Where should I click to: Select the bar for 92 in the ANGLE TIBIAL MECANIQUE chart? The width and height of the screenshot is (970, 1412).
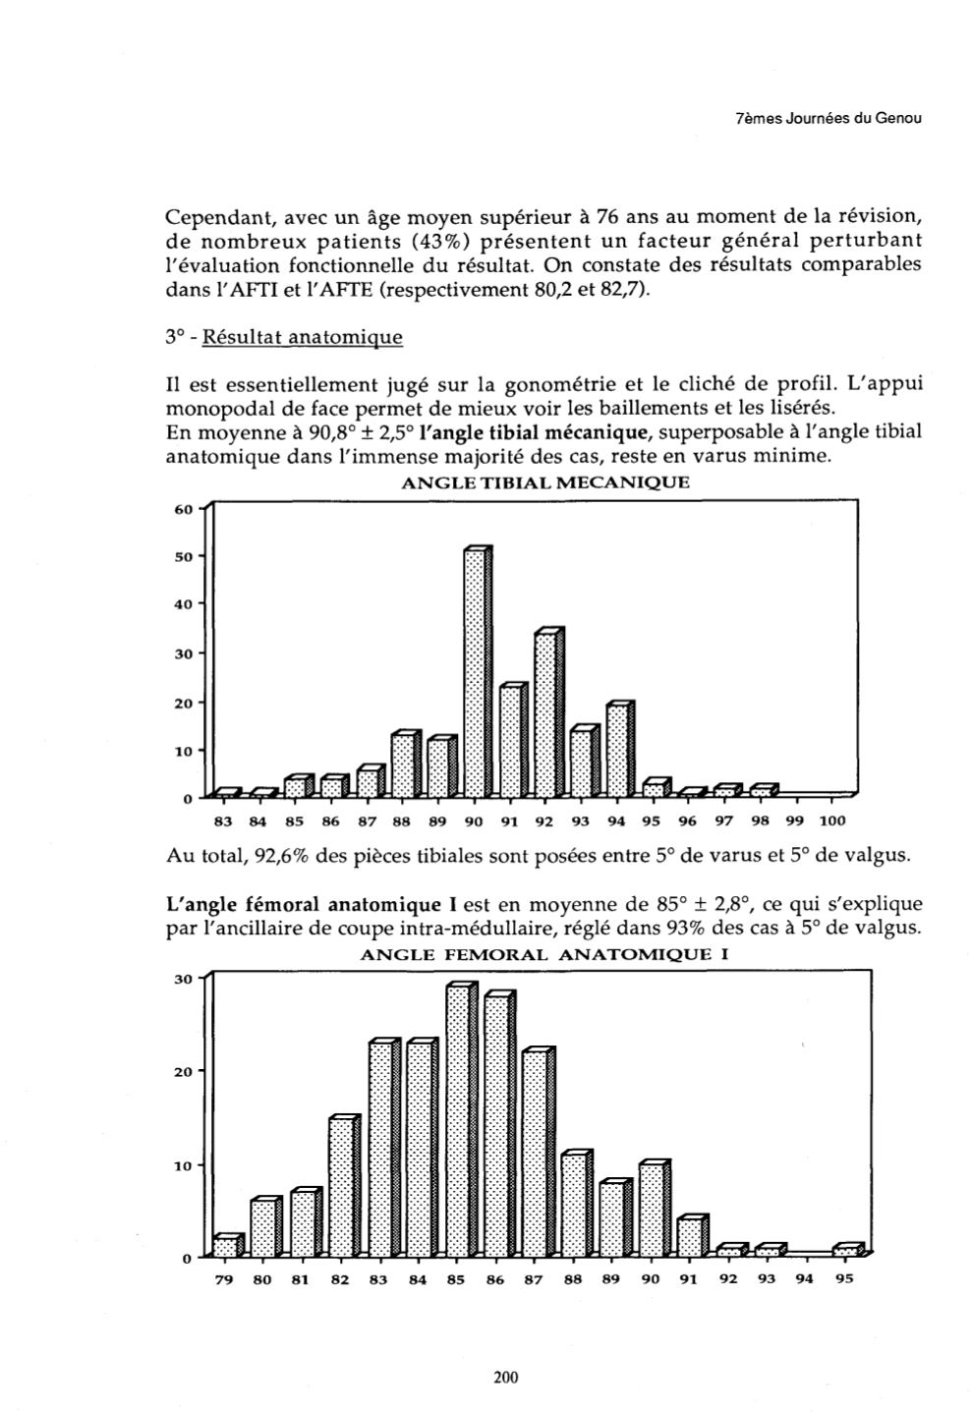[546, 714]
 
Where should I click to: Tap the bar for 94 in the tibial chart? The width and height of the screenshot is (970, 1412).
[618, 750]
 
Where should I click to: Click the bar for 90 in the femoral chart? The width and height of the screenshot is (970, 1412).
[652, 1210]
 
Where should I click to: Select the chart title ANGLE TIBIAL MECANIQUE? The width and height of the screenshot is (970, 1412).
[545, 482]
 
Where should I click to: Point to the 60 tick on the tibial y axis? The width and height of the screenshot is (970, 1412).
[184, 508]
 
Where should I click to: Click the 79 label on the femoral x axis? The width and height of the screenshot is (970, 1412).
[224, 1280]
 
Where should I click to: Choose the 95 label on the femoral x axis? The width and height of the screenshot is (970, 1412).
[844, 1280]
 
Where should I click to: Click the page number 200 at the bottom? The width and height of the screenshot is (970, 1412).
[505, 1378]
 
